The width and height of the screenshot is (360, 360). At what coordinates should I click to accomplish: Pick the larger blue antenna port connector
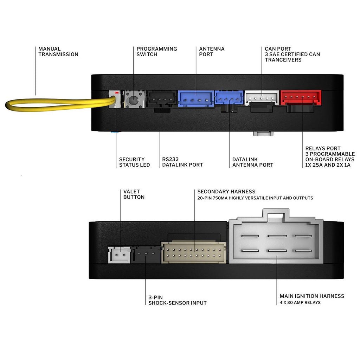click(196, 99)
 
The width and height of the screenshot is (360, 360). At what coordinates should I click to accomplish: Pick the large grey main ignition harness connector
click(276, 243)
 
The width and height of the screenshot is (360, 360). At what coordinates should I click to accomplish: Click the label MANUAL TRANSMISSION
click(58, 52)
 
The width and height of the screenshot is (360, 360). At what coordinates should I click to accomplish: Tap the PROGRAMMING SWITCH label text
click(156, 52)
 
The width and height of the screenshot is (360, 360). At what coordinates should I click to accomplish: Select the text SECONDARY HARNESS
click(226, 192)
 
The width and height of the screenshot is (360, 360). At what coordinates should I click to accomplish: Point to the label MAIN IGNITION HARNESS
click(312, 296)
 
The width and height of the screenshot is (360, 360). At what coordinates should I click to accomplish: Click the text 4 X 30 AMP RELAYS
click(300, 302)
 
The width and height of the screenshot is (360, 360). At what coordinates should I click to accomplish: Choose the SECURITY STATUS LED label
click(134, 162)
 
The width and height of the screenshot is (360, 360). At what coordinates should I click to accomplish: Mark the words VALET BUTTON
click(134, 194)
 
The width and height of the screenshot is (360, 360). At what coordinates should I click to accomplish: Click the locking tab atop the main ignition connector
click(276, 213)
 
